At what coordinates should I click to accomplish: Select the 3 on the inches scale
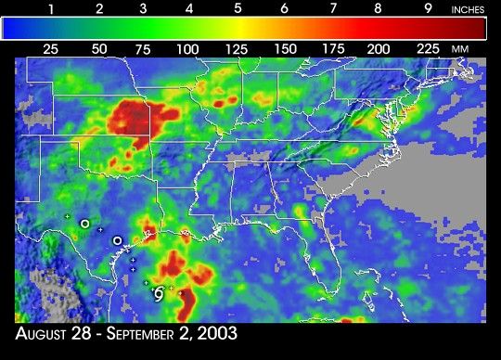coord(144,8)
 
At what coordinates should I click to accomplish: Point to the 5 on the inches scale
coord(238,8)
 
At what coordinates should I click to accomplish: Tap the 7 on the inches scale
coord(332,8)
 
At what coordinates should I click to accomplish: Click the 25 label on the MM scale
coord(51,48)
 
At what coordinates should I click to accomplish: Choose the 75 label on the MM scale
coord(142,48)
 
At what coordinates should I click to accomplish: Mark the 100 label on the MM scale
coord(188,48)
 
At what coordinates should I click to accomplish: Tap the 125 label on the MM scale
coord(236,48)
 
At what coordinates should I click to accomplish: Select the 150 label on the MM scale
coord(284,48)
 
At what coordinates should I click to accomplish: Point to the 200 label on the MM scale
coord(379,48)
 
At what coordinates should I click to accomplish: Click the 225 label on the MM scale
coord(427,48)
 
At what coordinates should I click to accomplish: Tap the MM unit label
coord(459,48)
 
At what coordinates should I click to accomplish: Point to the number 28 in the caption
coord(101,332)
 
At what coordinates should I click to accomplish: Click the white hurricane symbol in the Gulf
coord(159,294)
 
